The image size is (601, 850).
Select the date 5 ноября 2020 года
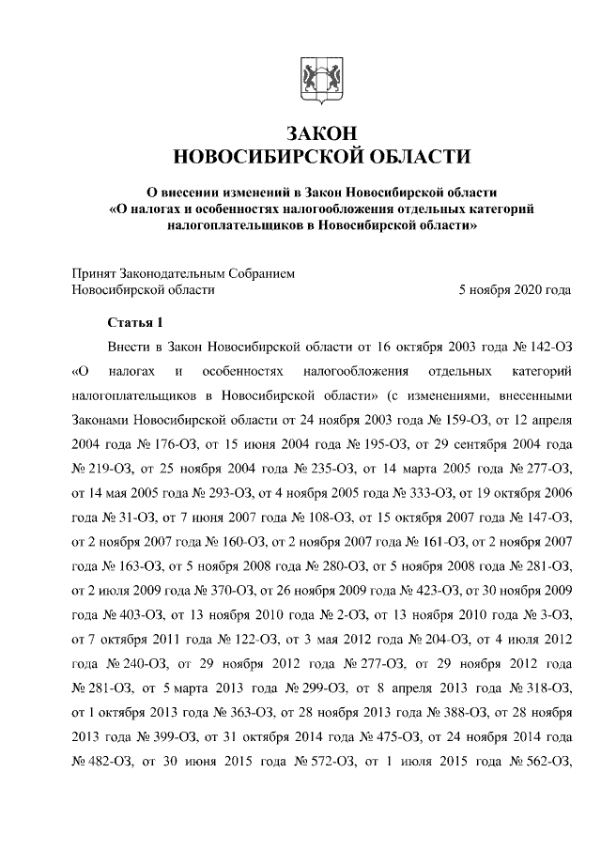pos(514,290)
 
